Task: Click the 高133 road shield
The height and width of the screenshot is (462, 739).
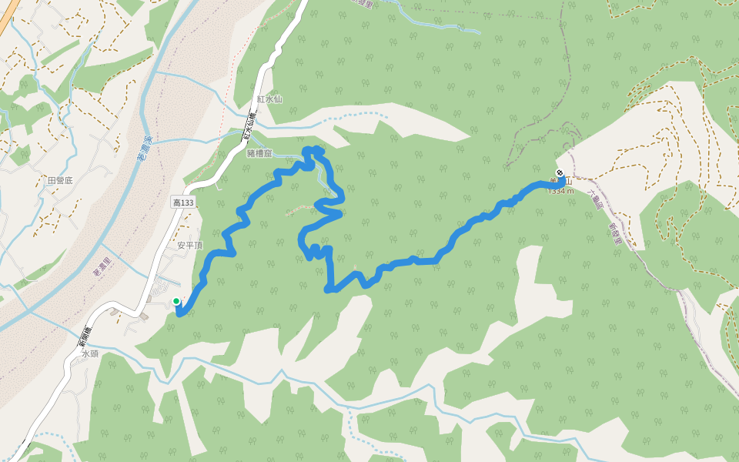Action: [x=182, y=202]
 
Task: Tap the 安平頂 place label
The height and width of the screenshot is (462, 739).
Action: [x=189, y=246]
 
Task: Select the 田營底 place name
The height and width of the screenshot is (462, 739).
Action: [x=59, y=180]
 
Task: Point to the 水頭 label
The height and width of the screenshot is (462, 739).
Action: [x=90, y=355]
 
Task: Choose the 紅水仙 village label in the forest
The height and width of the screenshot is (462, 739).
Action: [x=270, y=99]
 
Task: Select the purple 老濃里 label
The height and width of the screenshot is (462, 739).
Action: [x=102, y=266]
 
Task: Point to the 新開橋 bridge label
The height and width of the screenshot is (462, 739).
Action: [x=85, y=336]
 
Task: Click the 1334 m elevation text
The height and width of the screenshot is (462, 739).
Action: [x=560, y=190]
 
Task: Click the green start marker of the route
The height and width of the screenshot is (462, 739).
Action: [x=176, y=301]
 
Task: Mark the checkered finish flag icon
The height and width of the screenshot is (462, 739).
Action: [x=559, y=172]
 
